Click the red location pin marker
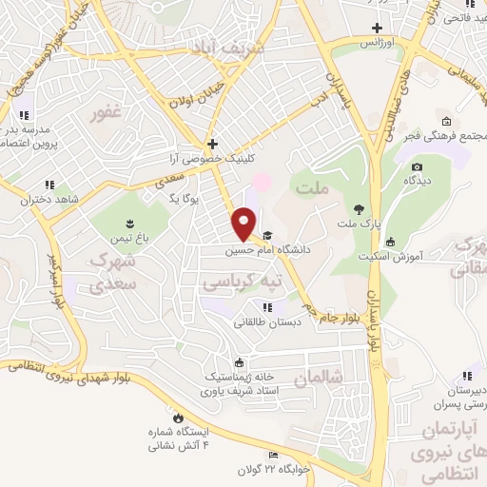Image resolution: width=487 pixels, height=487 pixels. [244, 224]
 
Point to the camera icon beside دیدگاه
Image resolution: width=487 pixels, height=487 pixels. [417, 167]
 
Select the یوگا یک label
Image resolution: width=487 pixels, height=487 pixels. [181, 197]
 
